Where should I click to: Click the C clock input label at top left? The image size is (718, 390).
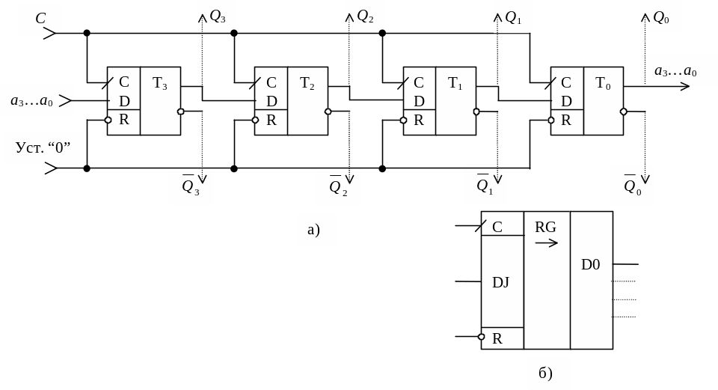(x=40, y=18)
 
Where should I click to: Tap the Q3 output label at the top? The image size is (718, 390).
(x=218, y=16)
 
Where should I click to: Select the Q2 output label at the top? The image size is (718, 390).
(x=365, y=16)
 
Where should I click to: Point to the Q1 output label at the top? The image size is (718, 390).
(x=513, y=17)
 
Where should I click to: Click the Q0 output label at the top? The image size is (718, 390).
(x=661, y=17)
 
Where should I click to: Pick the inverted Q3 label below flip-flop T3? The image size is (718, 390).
(x=191, y=186)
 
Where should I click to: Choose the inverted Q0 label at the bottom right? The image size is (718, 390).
(x=633, y=186)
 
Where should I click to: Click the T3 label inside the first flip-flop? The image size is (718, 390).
(x=160, y=84)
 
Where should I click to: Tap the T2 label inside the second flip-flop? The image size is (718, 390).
(x=307, y=84)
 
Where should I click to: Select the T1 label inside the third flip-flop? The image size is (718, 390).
(x=455, y=84)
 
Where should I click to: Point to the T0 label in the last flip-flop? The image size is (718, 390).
(x=603, y=84)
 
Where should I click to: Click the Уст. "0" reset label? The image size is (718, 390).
(x=43, y=147)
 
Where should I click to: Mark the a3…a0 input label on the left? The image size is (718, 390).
(x=31, y=100)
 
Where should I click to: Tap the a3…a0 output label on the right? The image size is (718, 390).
(x=675, y=71)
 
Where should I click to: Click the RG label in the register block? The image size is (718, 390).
(x=545, y=227)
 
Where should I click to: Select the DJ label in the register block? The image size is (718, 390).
(x=500, y=282)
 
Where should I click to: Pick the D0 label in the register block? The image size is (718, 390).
(x=591, y=264)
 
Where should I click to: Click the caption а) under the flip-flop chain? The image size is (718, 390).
(x=314, y=229)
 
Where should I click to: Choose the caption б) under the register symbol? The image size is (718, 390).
(x=546, y=373)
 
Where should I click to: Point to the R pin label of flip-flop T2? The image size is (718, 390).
(x=271, y=120)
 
